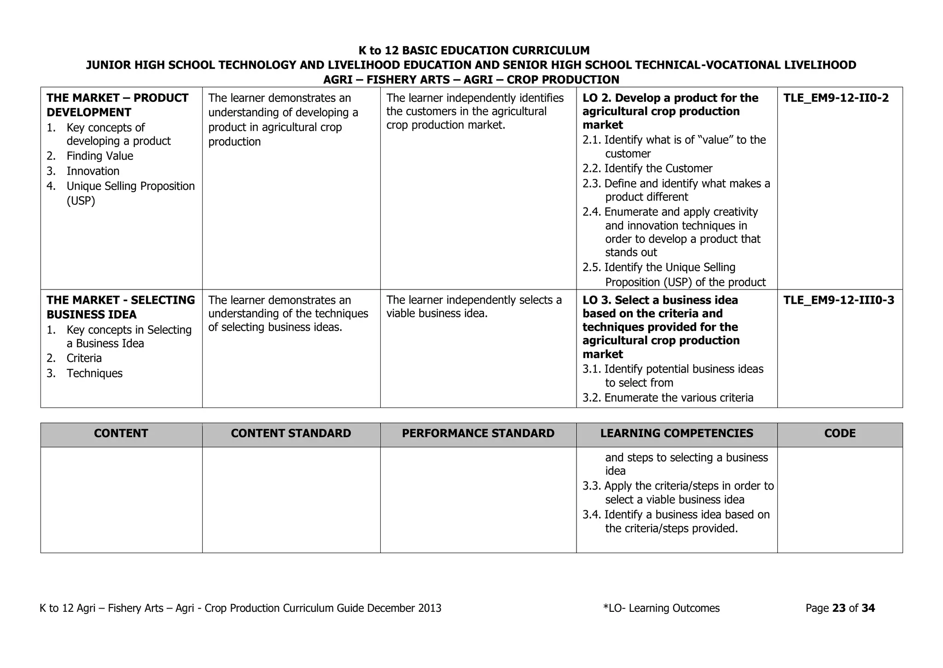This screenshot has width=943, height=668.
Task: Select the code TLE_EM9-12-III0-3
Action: pos(838,301)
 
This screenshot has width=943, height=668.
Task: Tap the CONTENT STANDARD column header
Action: pos(291,433)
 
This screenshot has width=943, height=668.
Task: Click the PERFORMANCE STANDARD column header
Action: pos(478,433)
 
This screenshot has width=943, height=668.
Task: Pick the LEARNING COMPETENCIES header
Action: pos(676,433)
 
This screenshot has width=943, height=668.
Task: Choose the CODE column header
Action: pos(840,433)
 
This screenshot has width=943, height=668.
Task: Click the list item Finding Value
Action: pos(99,156)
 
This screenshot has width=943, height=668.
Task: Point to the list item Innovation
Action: pos(93,171)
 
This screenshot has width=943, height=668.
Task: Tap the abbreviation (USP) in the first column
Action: pos(81,201)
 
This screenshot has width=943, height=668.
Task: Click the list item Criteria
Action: pos(84,358)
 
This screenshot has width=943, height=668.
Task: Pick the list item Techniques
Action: pos(94,373)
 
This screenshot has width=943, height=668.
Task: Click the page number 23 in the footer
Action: pos(839,609)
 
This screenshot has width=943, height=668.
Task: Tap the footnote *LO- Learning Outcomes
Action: pos(661,609)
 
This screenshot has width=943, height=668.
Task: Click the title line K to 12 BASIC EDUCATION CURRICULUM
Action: pos(474,51)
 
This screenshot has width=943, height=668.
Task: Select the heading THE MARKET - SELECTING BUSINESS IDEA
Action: pos(121,307)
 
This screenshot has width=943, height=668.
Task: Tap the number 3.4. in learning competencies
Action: pos(591,515)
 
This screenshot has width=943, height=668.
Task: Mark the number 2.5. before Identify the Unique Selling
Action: pos(591,268)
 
